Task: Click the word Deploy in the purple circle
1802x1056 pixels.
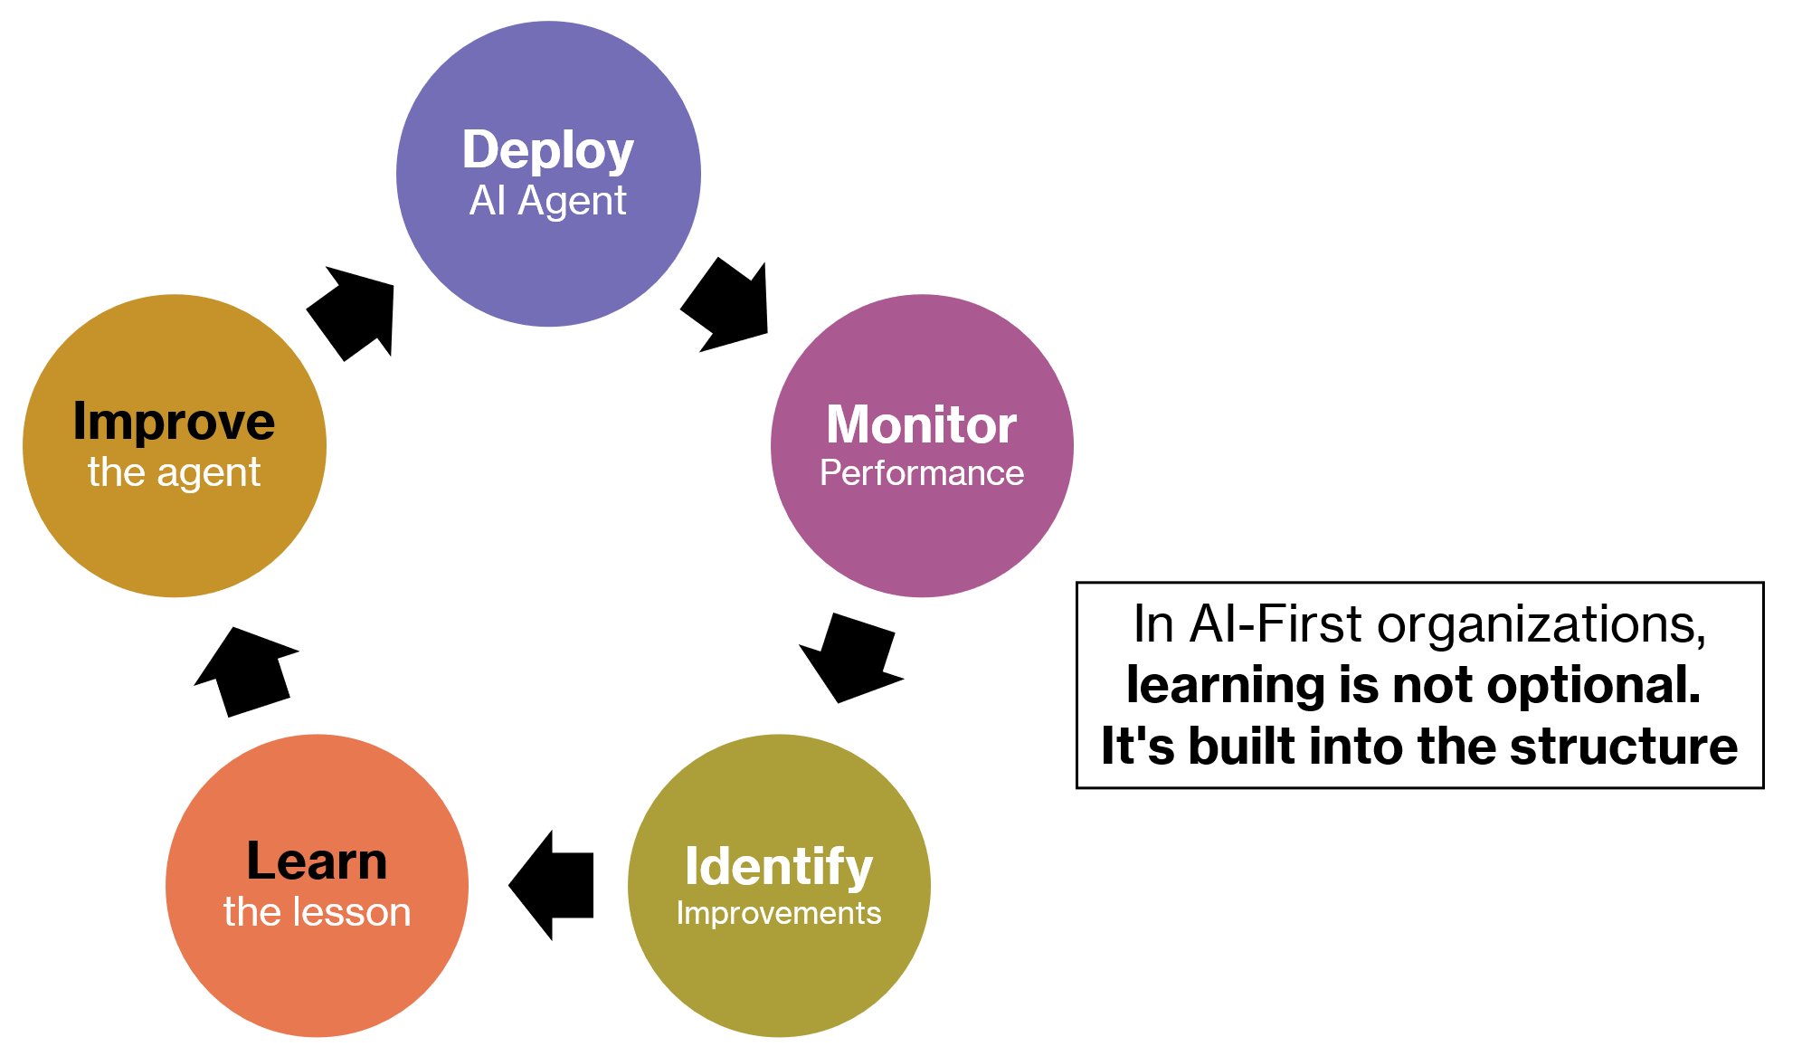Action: pos(547,150)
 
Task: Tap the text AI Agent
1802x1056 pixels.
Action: pos(547,201)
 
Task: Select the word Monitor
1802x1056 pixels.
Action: pos(921,424)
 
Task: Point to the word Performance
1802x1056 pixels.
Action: pos(921,473)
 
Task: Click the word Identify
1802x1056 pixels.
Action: pos(778,867)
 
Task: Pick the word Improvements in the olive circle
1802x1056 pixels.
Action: pos(778,913)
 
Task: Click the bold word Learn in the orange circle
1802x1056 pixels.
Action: pos(317,861)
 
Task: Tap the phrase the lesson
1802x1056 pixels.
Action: pos(317,912)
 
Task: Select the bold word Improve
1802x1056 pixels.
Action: pos(174,422)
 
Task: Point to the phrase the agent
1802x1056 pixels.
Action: pos(174,472)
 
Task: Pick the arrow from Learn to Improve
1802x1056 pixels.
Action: pos(246,671)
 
